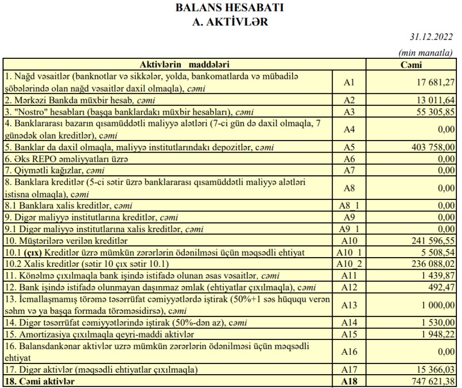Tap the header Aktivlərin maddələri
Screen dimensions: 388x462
tap(185, 65)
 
